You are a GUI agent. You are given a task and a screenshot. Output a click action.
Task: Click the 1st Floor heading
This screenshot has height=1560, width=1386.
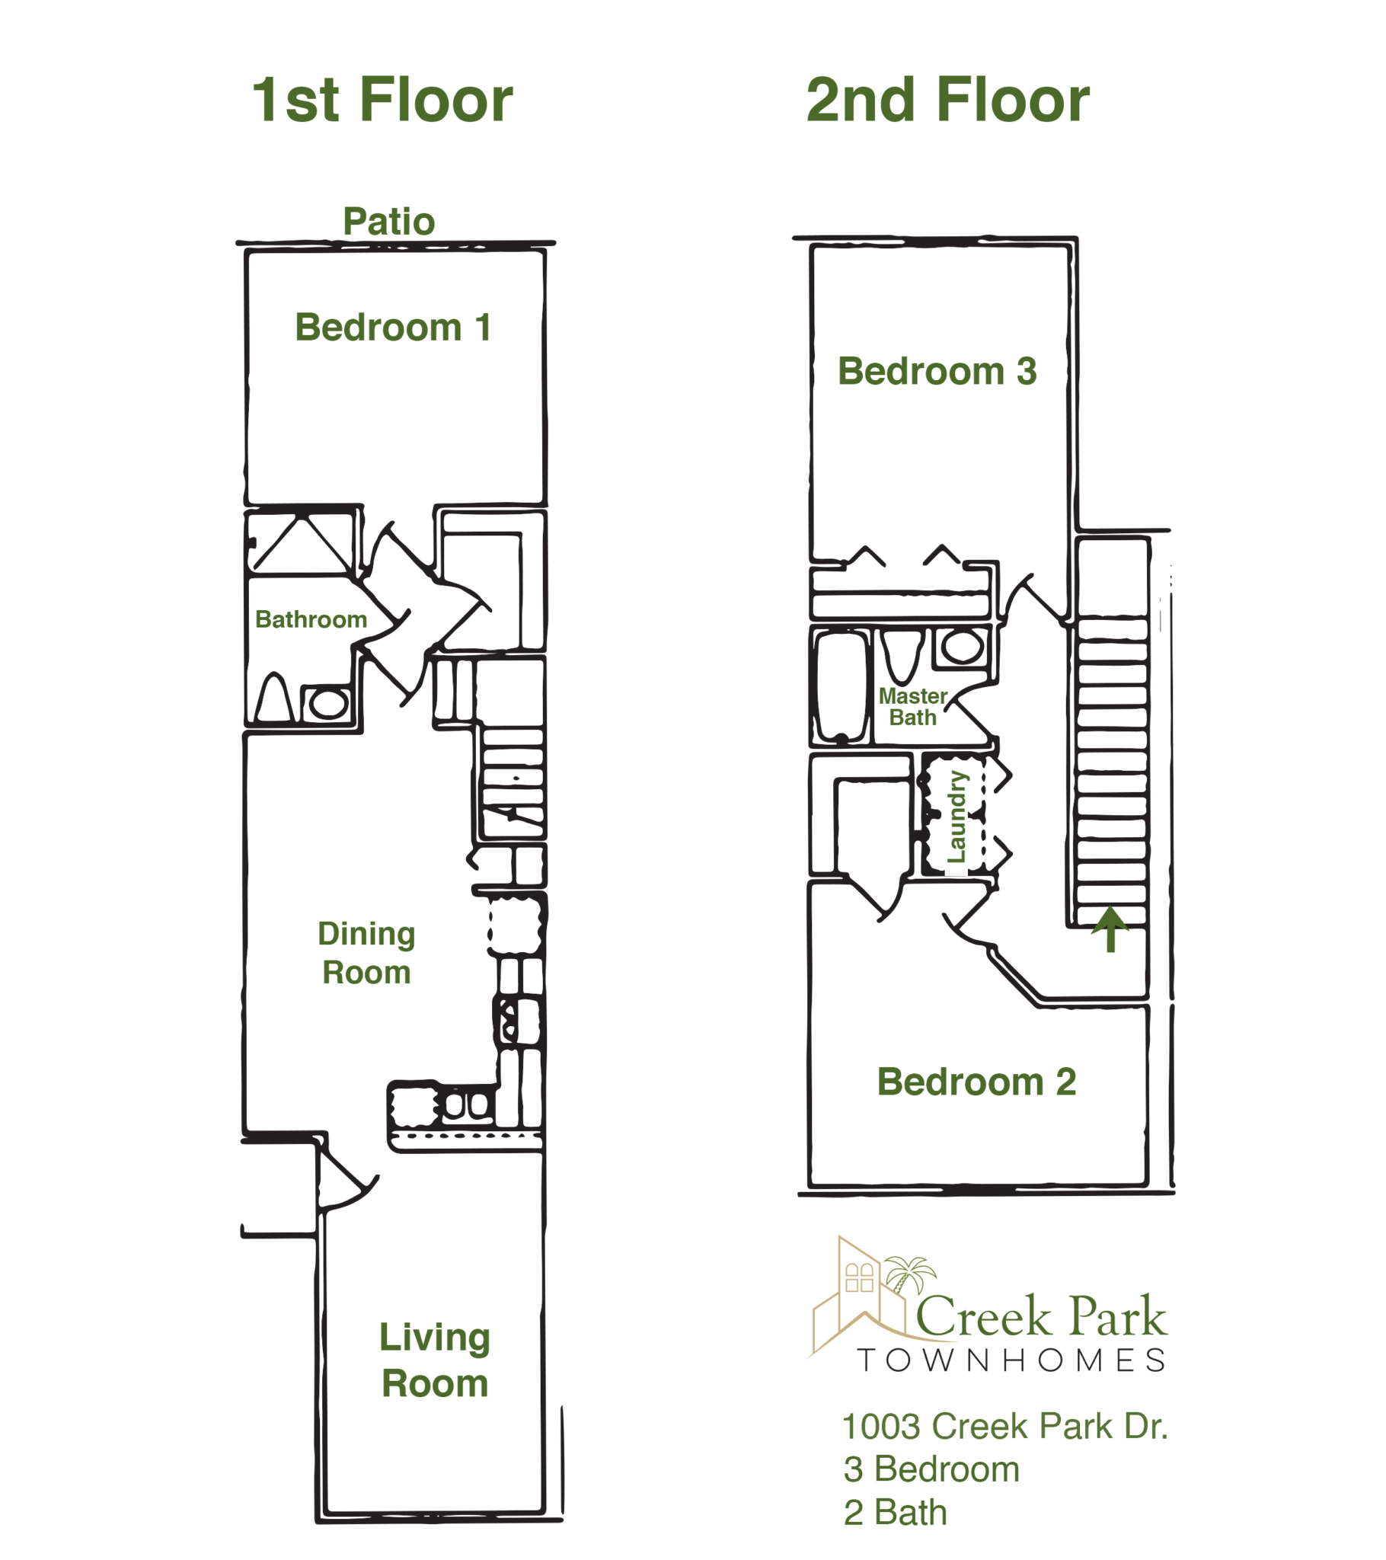[x=382, y=100]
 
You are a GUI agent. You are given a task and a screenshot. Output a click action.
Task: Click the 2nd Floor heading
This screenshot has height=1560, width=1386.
[x=948, y=100]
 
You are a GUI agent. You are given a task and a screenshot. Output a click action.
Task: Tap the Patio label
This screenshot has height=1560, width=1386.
[x=389, y=222]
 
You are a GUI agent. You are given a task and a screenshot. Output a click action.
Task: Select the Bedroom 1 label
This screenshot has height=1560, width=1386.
[x=393, y=328]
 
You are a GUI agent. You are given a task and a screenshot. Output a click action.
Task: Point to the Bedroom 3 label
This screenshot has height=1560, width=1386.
[x=937, y=372]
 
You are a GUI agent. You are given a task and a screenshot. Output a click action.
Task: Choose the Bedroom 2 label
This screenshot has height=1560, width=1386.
[x=977, y=1082]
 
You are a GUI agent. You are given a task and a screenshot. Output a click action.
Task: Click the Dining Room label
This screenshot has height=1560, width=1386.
[x=366, y=953]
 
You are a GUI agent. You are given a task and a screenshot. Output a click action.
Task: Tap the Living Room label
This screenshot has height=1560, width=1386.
[x=435, y=1360]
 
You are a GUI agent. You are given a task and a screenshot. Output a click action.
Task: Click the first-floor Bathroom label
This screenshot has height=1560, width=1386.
[x=311, y=619]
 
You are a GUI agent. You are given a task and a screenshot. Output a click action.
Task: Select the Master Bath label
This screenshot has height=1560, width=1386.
[x=913, y=707]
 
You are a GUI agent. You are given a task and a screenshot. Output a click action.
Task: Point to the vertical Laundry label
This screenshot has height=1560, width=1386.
[x=956, y=817]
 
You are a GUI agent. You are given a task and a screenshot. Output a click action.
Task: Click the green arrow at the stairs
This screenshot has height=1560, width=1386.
[x=1110, y=929]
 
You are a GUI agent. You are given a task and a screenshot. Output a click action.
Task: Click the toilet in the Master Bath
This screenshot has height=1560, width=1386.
[x=904, y=656]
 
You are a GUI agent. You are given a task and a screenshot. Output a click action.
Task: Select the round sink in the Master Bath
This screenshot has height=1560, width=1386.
[x=963, y=647]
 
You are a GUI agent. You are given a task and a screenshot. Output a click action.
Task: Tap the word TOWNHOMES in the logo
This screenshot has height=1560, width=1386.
[x=1012, y=1360]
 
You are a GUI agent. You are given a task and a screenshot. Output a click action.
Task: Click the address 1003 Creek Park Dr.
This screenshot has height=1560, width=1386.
[x=1005, y=1427]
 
